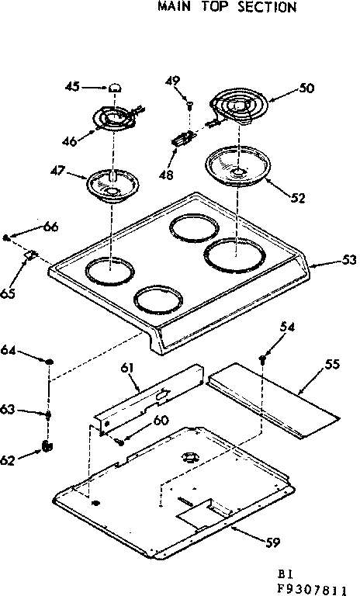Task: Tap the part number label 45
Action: (x=72, y=87)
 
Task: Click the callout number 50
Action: (x=306, y=89)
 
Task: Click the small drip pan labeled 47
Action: (x=114, y=185)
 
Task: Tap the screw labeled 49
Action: (x=189, y=102)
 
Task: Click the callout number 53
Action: (x=348, y=260)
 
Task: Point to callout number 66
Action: (x=50, y=227)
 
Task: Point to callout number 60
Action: (x=160, y=421)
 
